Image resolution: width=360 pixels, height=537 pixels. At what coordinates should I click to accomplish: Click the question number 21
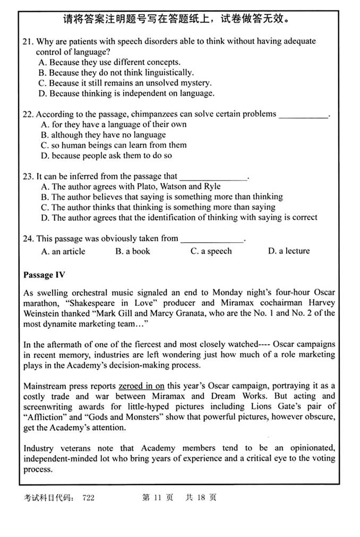tap(28, 41)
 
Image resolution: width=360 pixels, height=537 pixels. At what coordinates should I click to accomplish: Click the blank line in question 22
tap(303, 115)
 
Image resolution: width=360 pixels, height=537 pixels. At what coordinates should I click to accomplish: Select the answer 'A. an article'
tap(63, 251)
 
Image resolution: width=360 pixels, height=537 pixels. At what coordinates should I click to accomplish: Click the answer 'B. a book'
tap(133, 251)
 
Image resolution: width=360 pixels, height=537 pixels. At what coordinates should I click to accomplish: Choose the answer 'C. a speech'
tap(211, 251)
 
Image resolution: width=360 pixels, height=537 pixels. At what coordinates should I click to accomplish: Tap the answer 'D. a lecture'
tap(289, 251)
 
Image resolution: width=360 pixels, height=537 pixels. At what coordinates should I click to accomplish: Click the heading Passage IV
tap(46, 275)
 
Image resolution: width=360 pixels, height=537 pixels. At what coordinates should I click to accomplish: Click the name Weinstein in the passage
tap(43, 313)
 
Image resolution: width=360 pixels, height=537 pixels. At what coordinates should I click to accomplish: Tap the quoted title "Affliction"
tap(48, 417)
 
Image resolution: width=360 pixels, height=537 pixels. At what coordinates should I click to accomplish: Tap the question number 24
tap(28, 238)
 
